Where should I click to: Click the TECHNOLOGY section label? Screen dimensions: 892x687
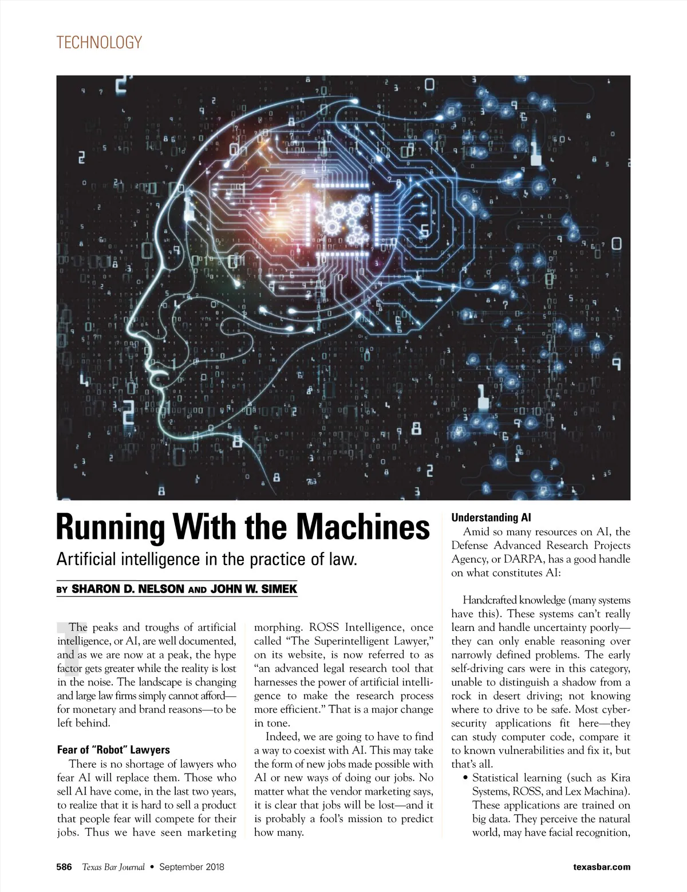pyautogui.click(x=99, y=42)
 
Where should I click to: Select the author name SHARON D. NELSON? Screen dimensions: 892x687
pyautogui.click(x=128, y=589)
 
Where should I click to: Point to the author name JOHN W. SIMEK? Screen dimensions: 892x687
pyautogui.click(x=254, y=589)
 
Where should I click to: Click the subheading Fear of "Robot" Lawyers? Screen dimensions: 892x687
pyautogui.click(x=113, y=749)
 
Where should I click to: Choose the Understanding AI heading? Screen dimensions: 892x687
pyautogui.click(x=491, y=518)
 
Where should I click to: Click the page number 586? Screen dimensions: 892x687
pyautogui.click(x=64, y=867)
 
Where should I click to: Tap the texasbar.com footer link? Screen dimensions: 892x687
pyautogui.click(x=602, y=867)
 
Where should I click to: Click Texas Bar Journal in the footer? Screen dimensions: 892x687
pyautogui.click(x=113, y=867)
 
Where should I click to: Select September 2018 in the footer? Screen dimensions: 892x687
pyautogui.click(x=192, y=867)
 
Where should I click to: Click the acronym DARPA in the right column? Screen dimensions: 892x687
pyautogui.click(x=527, y=559)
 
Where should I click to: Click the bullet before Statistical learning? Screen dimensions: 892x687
pyautogui.click(x=465, y=778)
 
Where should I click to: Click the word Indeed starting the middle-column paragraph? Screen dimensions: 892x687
pyautogui.click(x=282, y=737)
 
